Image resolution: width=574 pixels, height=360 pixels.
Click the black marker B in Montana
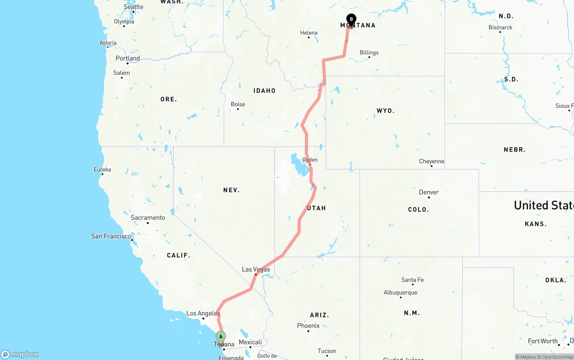click(351, 19)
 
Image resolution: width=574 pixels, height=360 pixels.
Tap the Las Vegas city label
click(256, 269)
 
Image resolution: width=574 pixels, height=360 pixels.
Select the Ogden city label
click(310, 160)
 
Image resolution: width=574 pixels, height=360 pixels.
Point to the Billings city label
click(369, 52)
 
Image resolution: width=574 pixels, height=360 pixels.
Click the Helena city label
click(309, 33)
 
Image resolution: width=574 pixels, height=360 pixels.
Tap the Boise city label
click(238, 104)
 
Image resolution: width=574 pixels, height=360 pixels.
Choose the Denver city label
click(429, 192)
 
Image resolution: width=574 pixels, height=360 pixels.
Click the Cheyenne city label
click(431, 161)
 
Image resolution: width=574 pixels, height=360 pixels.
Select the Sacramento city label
click(148, 218)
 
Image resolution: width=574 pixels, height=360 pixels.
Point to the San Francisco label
click(111, 236)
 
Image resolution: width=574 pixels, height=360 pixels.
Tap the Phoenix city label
click(308, 325)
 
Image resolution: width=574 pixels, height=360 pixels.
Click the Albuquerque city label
click(400, 293)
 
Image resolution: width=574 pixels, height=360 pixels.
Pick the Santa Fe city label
click(412, 280)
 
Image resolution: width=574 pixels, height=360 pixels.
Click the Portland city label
click(127, 58)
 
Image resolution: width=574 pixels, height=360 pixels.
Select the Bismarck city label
click(500, 27)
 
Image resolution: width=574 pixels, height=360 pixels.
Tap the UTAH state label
click(316, 208)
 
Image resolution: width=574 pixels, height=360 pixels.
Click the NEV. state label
click(231, 190)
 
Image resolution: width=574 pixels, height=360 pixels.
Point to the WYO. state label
click(385, 110)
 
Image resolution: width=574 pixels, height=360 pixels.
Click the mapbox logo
click(20, 355)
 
